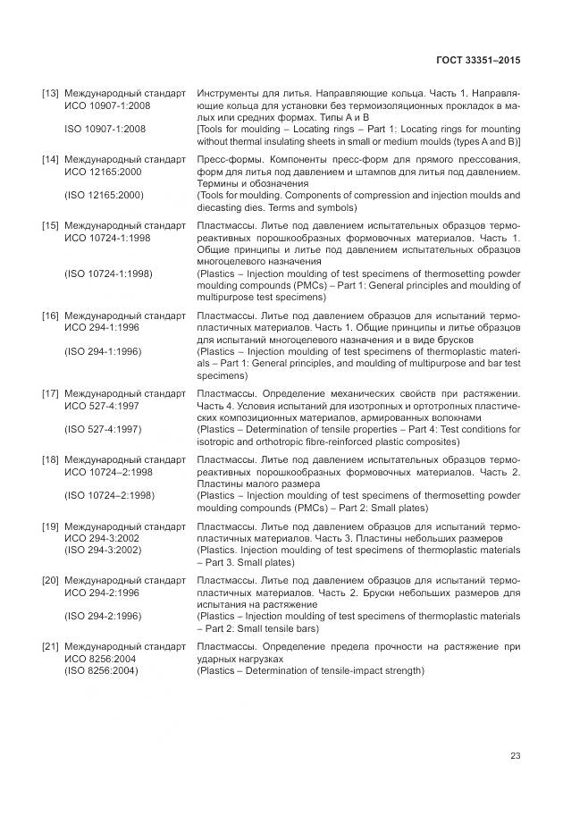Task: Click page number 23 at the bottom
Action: tap(515, 756)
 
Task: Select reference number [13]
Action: tap(50, 93)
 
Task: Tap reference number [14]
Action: tap(50, 159)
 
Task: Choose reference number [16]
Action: tap(50, 315)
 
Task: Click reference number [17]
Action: tap(50, 393)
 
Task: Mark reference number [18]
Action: tap(50, 459)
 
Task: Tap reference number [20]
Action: tap(50, 580)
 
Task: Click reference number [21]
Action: tap(50, 646)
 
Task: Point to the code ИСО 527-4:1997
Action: tap(101, 405)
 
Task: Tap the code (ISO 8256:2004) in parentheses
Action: tap(101, 670)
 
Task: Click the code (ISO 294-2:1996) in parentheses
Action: tap(103, 616)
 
